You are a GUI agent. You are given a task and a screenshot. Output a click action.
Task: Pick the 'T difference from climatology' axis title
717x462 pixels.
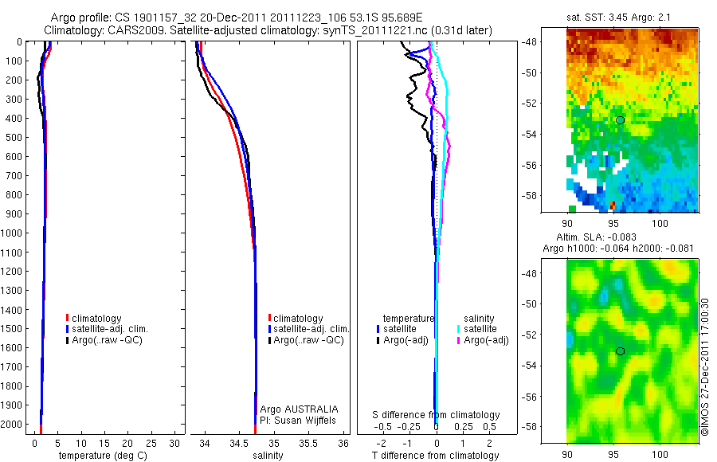coord(436,456)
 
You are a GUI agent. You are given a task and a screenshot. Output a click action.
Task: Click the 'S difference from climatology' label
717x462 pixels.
coord(437,415)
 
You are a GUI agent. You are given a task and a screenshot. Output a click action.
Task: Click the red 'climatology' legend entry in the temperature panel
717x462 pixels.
coord(96,319)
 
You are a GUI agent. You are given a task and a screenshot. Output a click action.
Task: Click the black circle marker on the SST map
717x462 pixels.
coord(620,119)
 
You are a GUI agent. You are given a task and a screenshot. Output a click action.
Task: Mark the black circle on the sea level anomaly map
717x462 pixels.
coord(620,351)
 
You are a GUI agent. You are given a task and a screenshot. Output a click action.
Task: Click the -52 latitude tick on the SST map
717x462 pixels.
coord(553,103)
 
